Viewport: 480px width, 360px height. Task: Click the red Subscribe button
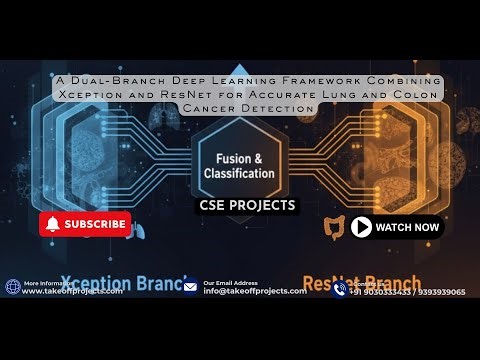pos(86,224)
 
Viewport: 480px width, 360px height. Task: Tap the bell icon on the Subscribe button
pos(54,224)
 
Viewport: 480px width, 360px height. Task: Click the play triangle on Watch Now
pos(361,227)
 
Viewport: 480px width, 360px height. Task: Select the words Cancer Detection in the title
pos(239,107)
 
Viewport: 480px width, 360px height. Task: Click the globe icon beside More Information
pos(13,288)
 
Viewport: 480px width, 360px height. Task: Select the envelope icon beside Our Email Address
pos(191,288)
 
